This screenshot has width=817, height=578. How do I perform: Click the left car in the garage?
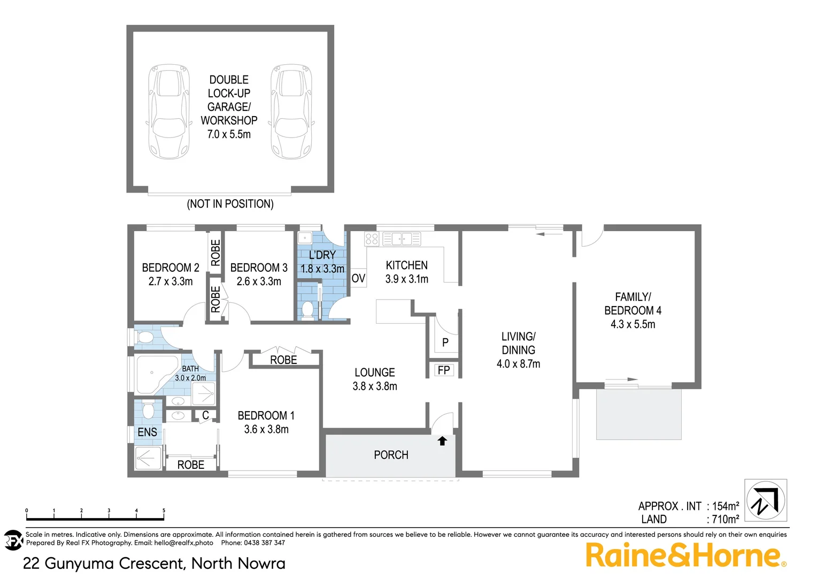(168, 111)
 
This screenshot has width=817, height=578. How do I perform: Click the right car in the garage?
(291, 111)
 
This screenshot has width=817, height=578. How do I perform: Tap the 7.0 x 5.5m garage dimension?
(229, 134)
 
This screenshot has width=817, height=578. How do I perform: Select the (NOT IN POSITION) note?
(230, 204)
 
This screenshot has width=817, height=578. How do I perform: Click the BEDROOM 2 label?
(171, 268)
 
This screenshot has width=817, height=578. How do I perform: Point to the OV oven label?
(358, 278)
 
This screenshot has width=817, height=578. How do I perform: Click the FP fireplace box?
(444, 370)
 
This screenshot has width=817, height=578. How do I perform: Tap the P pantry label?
(445, 343)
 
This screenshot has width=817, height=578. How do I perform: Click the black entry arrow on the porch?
(442, 441)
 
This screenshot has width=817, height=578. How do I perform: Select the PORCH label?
(391, 455)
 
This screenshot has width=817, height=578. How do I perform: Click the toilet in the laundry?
(307, 310)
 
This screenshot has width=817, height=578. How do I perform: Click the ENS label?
(148, 432)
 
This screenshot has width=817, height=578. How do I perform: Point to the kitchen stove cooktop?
(372, 239)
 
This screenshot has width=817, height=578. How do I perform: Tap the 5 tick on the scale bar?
(164, 512)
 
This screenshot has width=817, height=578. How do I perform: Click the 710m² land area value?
(725, 519)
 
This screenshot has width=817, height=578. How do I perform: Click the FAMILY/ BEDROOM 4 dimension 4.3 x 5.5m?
(633, 324)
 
